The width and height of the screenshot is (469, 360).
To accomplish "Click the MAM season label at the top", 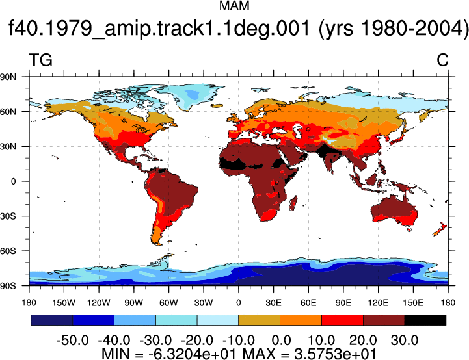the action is coord(234,6).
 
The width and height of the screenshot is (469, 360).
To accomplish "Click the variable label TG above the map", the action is coord(41,60).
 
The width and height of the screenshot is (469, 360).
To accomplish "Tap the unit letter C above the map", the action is coord(442,60).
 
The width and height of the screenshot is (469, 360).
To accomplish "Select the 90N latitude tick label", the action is coord(8,77).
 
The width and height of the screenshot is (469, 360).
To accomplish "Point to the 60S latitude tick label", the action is coord(8,251).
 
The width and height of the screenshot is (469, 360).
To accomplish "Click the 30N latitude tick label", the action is coord(8,146).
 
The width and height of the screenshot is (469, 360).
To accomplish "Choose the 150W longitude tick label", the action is coord(64,303).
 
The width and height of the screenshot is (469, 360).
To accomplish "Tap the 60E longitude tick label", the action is coord(308,303).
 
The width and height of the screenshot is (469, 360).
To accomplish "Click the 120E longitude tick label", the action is coord(378,303).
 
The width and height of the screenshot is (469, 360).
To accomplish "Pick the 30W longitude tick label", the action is coord(204,303).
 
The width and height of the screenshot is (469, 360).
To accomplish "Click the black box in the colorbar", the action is coord(425,320).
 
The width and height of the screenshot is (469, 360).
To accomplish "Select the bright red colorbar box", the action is coord(342,320).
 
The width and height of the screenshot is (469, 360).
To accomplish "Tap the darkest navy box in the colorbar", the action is coord(52,320).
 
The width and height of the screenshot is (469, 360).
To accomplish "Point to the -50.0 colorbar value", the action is coord(73,341).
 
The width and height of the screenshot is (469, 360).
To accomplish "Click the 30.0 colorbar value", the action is coord(405,341).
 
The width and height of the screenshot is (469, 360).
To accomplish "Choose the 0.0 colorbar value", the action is coord(281,341).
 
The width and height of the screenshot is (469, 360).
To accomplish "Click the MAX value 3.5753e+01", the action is coord(335,354).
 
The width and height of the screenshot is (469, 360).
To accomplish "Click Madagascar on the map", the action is coord(293,203).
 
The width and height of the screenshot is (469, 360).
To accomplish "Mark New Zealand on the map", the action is coord(439,229).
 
